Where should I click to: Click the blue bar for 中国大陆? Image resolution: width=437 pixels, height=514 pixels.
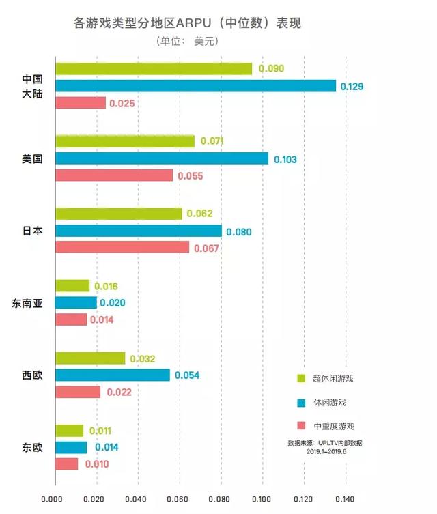(195, 86)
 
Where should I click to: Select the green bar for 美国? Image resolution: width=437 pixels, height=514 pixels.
(124, 141)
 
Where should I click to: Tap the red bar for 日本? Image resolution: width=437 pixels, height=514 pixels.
(122, 248)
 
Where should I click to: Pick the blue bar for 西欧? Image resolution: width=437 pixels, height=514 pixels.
(112, 375)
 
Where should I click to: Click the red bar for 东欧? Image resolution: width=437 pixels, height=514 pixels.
(66, 464)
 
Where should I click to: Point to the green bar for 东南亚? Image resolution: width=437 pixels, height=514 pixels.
(72, 286)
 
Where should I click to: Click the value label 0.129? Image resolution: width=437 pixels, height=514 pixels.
(352, 86)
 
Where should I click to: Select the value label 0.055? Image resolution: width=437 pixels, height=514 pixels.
(191, 175)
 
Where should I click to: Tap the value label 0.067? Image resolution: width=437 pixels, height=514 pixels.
(206, 248)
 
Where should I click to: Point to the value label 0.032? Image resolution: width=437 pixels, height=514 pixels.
(142, 358)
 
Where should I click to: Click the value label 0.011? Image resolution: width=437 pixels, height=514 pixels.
(100, 431)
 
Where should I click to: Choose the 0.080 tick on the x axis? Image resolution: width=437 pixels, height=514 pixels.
(221, 499)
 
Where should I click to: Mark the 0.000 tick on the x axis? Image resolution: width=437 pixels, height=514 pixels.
(55, 499)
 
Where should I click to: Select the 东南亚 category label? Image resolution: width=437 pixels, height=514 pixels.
(27, 303)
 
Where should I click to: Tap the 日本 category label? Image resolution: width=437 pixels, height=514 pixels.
(32, 231)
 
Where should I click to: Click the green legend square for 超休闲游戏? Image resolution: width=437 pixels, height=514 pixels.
(300, 378)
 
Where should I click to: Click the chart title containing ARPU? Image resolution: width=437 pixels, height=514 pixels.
(186, 23)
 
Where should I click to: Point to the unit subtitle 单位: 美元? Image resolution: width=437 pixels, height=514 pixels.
(186, 41)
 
